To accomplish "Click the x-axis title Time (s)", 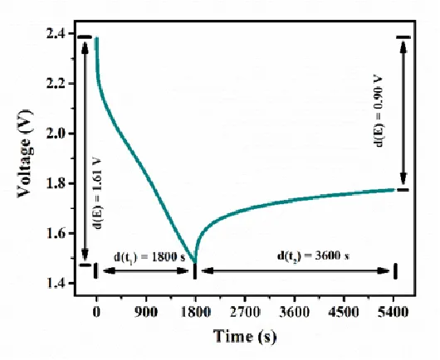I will click(x=246, y=337).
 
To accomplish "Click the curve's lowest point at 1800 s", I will click(x=195, y=262).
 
